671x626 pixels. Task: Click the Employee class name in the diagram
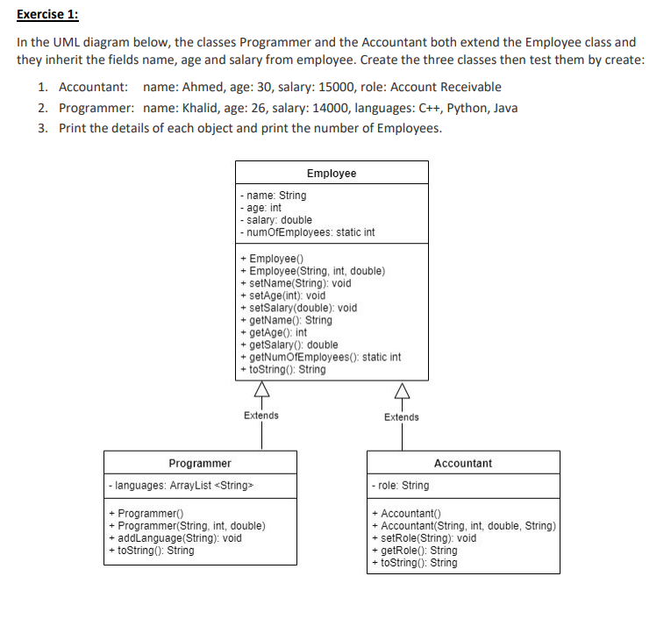[332, 173]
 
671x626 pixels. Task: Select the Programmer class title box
[200, 463]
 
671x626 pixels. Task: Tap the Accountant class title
[463, 463]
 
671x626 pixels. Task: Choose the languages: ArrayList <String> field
[182, 485]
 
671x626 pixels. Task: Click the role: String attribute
[401, 485]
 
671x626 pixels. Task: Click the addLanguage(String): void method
[175, 538]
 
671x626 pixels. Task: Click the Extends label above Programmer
[261, 416]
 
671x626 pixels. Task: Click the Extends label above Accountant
[402, 416]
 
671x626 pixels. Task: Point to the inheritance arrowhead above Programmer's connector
[261, 392]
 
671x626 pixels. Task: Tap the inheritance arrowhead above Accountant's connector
[402, 392]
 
